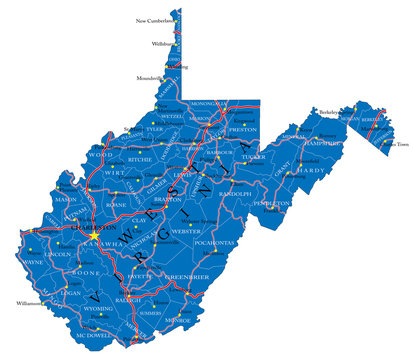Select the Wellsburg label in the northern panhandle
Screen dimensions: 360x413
161,44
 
